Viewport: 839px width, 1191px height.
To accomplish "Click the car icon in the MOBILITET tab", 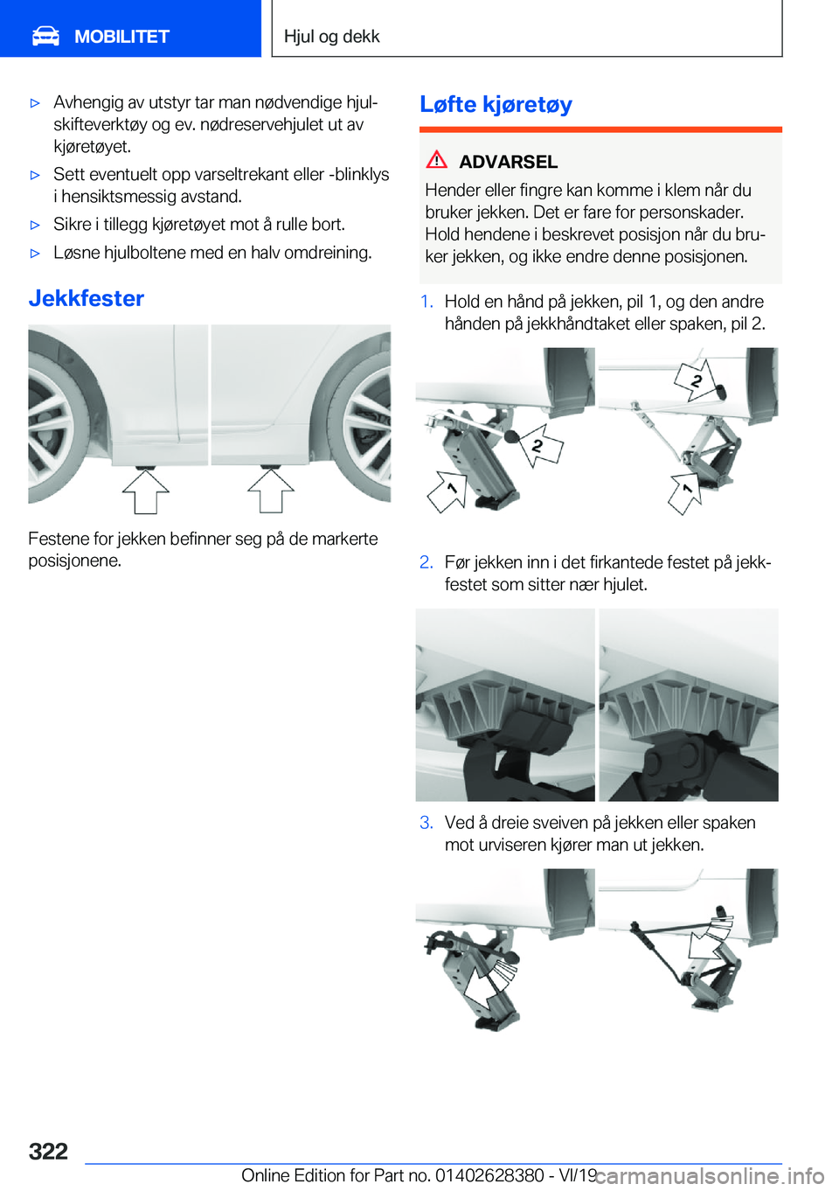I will (x=46, y=36).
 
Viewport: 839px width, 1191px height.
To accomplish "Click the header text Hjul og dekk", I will (x=331, y=37).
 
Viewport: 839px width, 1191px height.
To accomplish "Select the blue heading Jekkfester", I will (x=87, y=298).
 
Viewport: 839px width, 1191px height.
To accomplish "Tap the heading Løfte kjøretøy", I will (x=496, y=104).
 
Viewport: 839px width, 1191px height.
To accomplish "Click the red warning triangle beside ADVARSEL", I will (x=436, y=160).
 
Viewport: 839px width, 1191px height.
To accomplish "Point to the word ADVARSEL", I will (x=508, y=162).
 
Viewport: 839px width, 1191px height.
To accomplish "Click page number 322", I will (x=48, y=1151).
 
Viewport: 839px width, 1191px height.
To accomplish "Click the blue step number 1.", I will (x=426, y=302).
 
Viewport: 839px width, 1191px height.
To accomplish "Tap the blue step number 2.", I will (x=426, y=562).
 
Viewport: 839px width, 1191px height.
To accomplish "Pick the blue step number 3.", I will (x=426, y=823).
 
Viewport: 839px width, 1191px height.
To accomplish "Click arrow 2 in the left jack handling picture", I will (x=540, y=445).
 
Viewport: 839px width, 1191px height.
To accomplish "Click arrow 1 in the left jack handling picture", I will (x=447, y=491).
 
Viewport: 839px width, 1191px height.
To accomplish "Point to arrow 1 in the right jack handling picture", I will (x=686, y=491).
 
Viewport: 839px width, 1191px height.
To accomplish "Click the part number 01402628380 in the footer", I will (x=489, y=1175).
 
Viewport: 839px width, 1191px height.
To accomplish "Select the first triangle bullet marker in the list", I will (x=36, y=103).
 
